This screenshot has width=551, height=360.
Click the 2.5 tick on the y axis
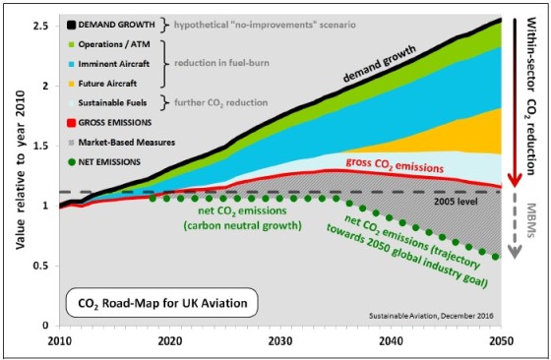click(40, 26)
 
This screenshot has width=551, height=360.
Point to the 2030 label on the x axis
click(280, 341)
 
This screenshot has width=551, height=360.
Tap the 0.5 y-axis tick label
click(40, 266)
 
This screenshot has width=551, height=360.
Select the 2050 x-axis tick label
click(501, 341)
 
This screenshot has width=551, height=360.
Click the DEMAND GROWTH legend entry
click(111, 25)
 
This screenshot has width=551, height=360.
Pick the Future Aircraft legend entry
click(102, 84)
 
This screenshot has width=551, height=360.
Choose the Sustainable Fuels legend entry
click(107, 103)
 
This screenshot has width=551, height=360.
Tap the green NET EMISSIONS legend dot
click(72, 162)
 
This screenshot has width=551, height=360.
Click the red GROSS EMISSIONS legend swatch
click(71, 123)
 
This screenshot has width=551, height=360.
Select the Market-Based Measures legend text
click(127, 143)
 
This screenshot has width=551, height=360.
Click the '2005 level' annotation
click(456, 202)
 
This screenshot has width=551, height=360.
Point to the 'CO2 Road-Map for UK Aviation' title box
click(162, 303)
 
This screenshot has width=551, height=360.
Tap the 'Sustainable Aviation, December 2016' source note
click(431, 316)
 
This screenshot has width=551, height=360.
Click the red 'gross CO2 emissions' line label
click(395, 165)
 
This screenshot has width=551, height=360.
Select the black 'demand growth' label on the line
click(379, 64)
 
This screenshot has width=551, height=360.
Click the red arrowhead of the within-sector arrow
click(515, 179)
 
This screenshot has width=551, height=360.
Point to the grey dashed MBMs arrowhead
click(515, 252)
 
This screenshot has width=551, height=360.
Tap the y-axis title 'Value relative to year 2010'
click(20, 170)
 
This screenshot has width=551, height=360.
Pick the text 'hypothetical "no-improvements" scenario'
click(265, 25)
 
